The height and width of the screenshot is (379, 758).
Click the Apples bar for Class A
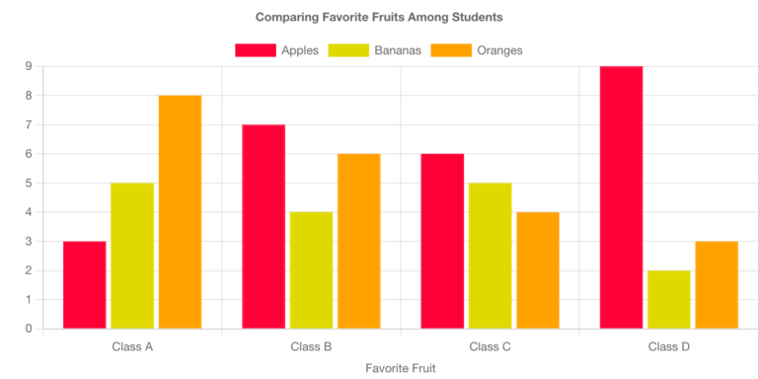pyautogui.click(x=84, y=284)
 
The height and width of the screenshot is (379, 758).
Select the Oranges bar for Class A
pyautogui.click(x=180, y=211)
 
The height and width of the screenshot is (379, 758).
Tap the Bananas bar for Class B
pyautogui.click(x=311, y=269)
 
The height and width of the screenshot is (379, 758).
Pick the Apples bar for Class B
pyautogui.click(x=264, y=226)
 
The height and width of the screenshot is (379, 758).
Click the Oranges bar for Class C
pyautogui.click(x=537, y=269)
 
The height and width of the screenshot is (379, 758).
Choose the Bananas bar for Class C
pyautogui.click(x=490, y=256)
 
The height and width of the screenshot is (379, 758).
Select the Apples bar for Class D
pyautogui.click(x=621, y=197)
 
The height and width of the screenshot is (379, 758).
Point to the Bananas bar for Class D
pyautogui.click(x=668, y=299)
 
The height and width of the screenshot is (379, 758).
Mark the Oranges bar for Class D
pyautogui.click(x=717, y=284)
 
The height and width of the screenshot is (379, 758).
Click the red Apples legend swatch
pyautogui.click(x=255, y=50)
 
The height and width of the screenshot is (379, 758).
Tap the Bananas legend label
pyautogui.click(x=396, y=50)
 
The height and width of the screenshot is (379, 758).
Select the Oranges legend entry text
pyautogui.click(x=499, y=50)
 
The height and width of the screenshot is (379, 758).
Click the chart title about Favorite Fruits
pyautogui.click(x=379, y=17)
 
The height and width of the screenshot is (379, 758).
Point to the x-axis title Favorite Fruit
pyautogui.click(x=400, y=367)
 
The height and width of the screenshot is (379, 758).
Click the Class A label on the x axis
pyautogui.click(x=132, y=346)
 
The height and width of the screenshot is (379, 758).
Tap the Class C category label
pyautogui.click(x=490, y=346)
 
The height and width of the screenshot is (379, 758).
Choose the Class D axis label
pyautogui.click(x=668, y=346)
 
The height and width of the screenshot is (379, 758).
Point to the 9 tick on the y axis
pyautogui.click(x=29, y=66)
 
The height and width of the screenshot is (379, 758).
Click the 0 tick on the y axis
pyautogui.click(x=29, y=329)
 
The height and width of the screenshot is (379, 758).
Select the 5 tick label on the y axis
pyautogui.click(x=29, y=183)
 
